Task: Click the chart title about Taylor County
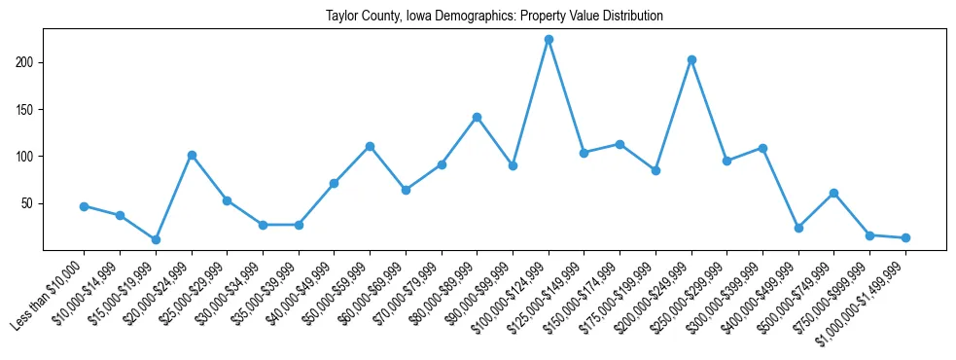(494, 16)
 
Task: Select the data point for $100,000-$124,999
(549, 40)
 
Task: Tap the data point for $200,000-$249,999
(691, 60)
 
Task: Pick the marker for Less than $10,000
(84, 206)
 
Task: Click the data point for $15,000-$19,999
(156, 239)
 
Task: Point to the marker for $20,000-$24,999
(192, 155)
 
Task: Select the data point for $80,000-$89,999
(477, 117)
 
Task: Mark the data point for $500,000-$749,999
(834, 193)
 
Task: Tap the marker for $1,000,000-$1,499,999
(905, 237)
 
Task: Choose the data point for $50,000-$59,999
(370, 146)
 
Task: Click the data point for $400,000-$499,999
(798, 228)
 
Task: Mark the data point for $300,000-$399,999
(762, 148)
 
